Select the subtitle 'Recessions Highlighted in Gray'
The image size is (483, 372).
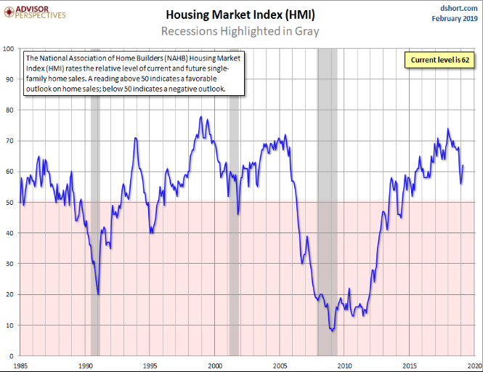pyautogui.click(x=240, y=31)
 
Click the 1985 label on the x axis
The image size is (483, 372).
pyautogui.click(x=21, y=365)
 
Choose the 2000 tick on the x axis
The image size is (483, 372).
pyautogui.click(x=216, y=365)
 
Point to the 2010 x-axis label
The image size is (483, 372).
pyautogui.click(x=345, y=365)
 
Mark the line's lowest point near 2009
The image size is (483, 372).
pyautogui.click(x=333, y=331)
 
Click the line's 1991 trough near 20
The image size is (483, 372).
pyautogui.click(x=99, y=294)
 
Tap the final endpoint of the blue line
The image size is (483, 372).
pyautogui.click(x=463, y=166)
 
